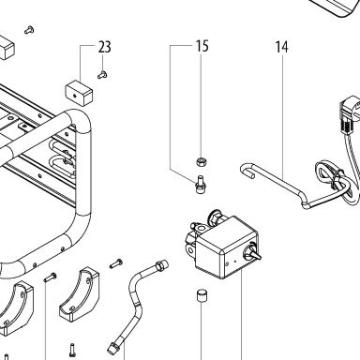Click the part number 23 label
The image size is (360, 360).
coord(105,47)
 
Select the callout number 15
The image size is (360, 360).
coord(202,46)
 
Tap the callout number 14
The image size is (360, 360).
coord(281,47)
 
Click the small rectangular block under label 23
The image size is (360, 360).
coord(79,92)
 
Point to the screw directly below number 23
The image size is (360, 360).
coord(102,75)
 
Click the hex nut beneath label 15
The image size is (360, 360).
coord(200,162)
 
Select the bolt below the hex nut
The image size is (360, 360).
coord(200,185)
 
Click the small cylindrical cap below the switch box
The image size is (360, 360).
coord(202,296)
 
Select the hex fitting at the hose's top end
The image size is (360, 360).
coord(162,264)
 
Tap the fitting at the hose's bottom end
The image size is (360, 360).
coord(112,346)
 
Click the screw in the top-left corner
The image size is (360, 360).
coord(29,30)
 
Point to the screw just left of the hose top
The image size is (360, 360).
coord(116,263)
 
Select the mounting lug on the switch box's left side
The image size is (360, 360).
coord(189,248)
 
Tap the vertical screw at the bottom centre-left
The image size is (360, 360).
coord(72,350)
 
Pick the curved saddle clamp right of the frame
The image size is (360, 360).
coord(79,294)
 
